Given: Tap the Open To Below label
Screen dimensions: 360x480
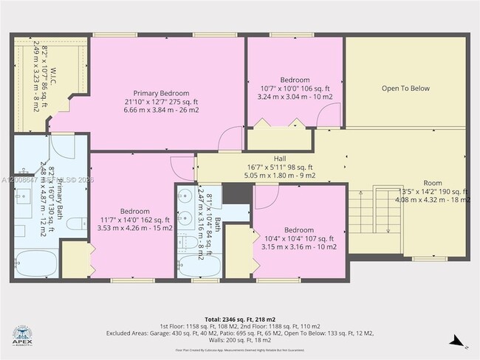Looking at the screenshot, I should [x=405, y=89].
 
